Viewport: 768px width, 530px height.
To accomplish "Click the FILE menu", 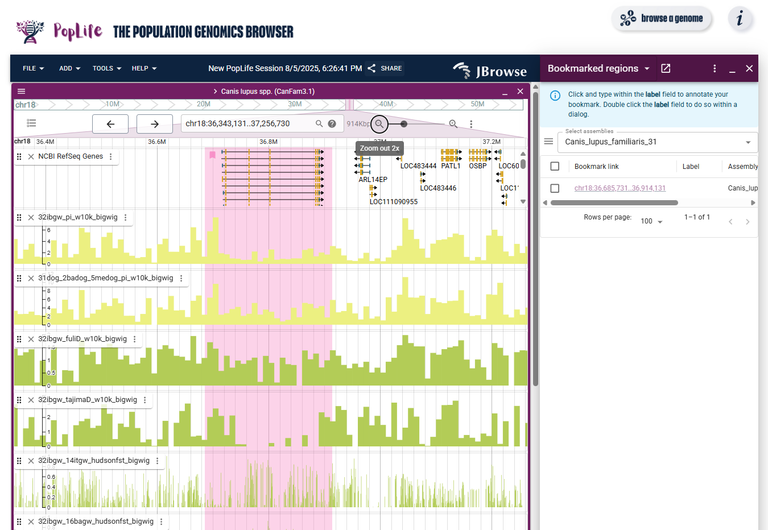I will (33, 68).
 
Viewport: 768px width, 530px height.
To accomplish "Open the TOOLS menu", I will (107, 68).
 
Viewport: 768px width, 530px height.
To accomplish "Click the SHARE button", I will (385, 68).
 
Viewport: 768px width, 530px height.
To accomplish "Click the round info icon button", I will (740, 19).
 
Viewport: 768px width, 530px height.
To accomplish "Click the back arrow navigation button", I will (110, 124).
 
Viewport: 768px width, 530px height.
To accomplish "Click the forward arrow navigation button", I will (154, 124).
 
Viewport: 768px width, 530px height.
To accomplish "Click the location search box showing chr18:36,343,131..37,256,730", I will (248, 123).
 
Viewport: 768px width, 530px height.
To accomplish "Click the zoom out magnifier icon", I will (379, 124).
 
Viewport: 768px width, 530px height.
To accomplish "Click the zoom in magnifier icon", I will (453, 124).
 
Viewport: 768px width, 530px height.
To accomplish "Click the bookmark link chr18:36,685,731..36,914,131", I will (620, 188).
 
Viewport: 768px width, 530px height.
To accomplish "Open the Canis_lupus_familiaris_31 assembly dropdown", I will (658, 142).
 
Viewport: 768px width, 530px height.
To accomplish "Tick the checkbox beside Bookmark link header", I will (555, 167).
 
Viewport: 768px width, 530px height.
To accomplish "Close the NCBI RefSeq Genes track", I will (31, 156).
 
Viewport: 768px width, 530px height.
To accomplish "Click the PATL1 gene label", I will (451, 166).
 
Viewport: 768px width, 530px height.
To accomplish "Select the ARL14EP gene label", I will (373, 180).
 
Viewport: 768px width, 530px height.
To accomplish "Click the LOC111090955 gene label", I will (393, 202).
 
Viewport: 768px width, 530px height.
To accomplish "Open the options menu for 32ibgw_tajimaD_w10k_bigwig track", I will (145, 400).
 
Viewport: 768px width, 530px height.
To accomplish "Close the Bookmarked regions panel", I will (749, 68).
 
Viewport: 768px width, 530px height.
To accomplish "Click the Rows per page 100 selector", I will (651, 221).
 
